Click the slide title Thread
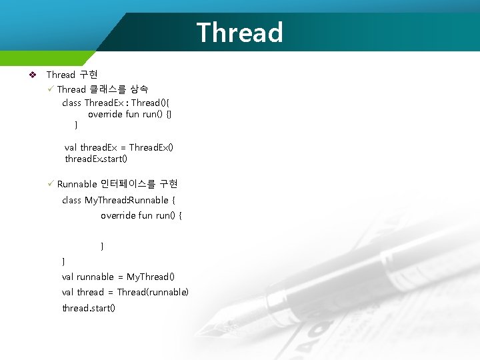click(239, 32)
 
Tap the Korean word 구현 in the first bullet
click(89, 75)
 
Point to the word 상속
click(139, 89)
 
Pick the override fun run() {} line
click(130, 114)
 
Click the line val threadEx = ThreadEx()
click(119, 147)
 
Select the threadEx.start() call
click(96, 159)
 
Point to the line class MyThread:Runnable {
click(119, 200)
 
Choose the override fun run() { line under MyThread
click(141, 215)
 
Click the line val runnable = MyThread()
click(118, 277)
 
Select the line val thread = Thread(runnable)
click(125, 292)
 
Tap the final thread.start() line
click(89, 308)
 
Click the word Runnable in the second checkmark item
click(77, 184)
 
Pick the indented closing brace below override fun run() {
click(102, 247)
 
